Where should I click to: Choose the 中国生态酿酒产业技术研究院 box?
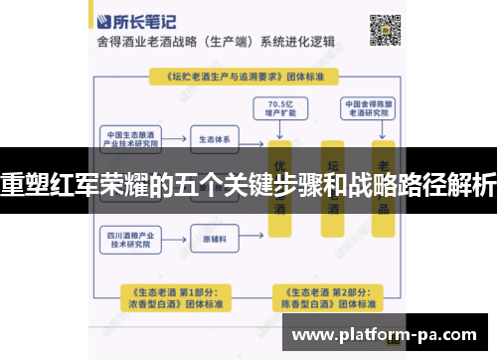[x=132, y=138]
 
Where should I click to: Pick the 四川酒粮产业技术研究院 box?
[x=132, y=240]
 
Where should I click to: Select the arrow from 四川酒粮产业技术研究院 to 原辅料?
[x=175, y=240]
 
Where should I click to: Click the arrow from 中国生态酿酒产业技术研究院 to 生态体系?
[x=175, y=138]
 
